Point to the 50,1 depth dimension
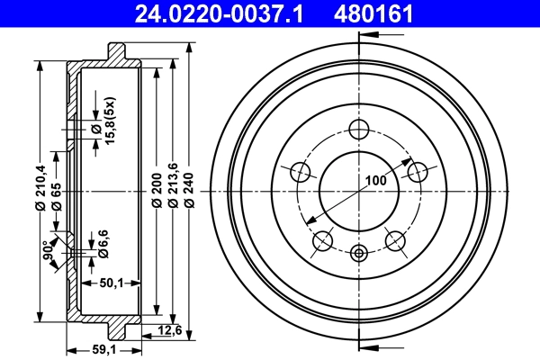click(112, 283)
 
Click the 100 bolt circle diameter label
click(375, 180)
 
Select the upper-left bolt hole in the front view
click(301, 171)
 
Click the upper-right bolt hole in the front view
click(416, 171)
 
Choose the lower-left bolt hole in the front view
click(322, 239)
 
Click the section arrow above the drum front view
click(378, 36)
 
